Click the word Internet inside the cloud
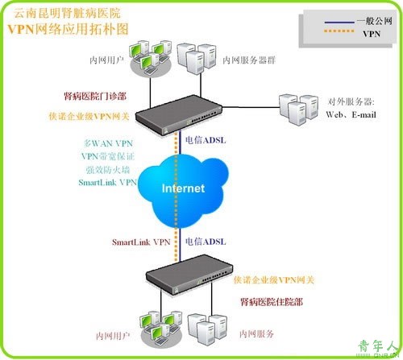[183, 188]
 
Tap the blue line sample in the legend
[339, 22]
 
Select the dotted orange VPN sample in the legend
[339, 31]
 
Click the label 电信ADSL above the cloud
[206, 140]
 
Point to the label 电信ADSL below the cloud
[206, 242]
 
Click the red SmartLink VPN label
[141, 242]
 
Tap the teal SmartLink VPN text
[108, 183]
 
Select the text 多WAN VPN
[108, 143]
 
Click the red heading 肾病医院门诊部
[95, 96]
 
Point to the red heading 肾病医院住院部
[272, 302]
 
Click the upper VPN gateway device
[179, 115]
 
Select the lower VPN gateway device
[189, 275]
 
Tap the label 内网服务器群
[249, 60]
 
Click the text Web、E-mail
[351, 114]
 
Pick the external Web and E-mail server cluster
[298, 110]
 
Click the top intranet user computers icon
[151, 58]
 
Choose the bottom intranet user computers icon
[161, 329]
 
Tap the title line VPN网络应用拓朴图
[68, 29]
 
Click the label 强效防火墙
[108, 169]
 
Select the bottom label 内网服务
[256, 333]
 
